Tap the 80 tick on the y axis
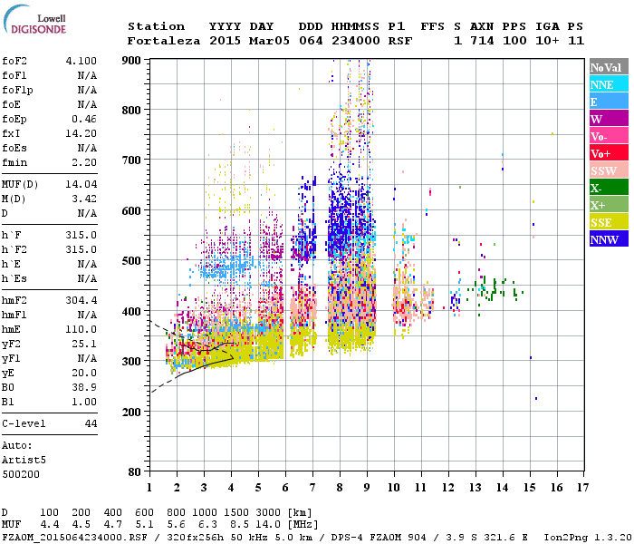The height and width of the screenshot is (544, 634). click(x=134, y=471)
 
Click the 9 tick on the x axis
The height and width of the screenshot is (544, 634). click(x=367, y=488)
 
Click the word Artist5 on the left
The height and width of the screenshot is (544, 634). click(x=24, y=460)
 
